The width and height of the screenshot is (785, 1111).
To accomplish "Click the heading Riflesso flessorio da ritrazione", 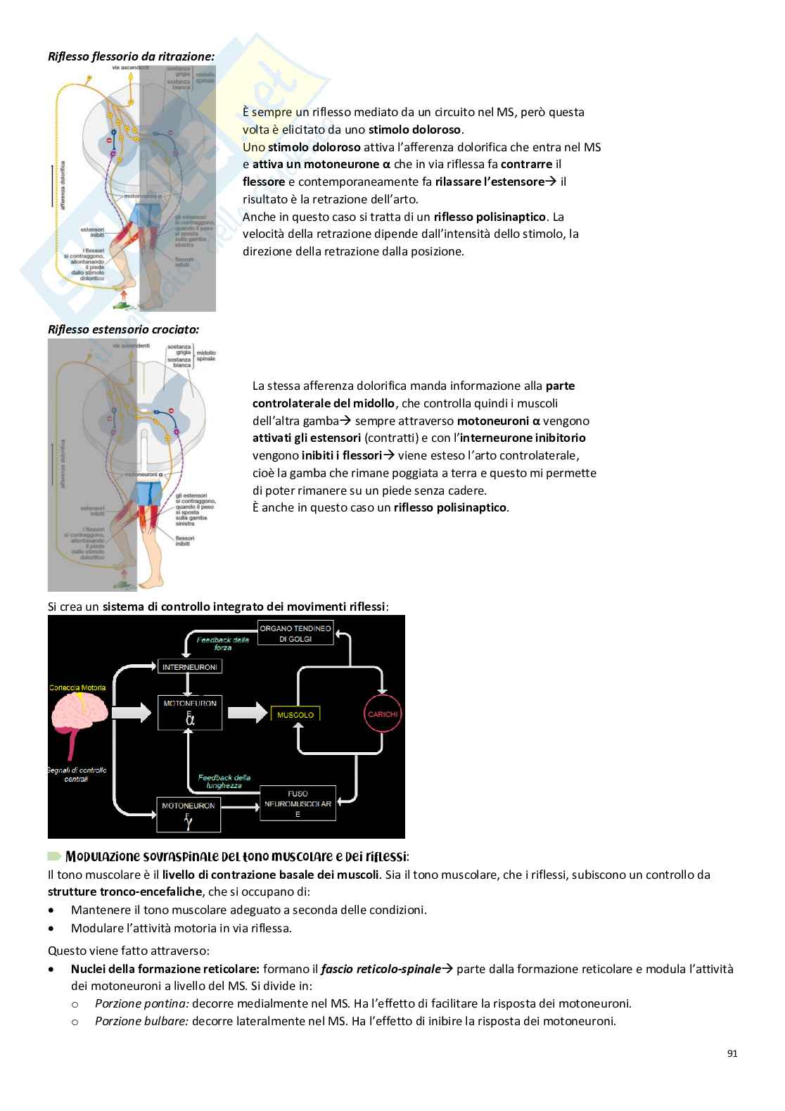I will [x=131, y=56].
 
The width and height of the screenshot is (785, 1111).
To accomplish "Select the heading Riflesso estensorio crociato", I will [x=123, y=329].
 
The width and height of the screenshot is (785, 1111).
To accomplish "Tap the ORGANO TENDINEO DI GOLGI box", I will [x=295, y=633].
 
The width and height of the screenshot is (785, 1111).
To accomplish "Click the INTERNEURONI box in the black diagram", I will [x=190, y=666].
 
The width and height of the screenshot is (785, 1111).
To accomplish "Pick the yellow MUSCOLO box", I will [x=295, y=714].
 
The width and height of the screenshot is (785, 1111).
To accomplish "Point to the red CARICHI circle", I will [x=383, y=713].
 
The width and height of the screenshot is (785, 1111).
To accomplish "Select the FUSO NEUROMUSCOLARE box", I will [x=298, y=804].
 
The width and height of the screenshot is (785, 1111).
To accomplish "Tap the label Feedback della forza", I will [x=223, y=643].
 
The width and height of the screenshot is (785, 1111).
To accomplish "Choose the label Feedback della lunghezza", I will [x=224, y=781].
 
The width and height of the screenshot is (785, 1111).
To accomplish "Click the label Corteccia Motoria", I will [x=77, y=687].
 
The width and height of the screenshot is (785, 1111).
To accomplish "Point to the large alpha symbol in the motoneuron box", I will [x=190, y=719].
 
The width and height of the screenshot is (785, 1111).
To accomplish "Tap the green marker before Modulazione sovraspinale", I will [x=55, y=856].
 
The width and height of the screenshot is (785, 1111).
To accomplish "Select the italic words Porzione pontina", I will [x=141, y=1003].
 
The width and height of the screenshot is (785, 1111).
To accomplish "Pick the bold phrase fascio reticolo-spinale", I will [x=381, y=969].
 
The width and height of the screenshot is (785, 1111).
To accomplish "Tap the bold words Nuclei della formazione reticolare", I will [x=165, y=969].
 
